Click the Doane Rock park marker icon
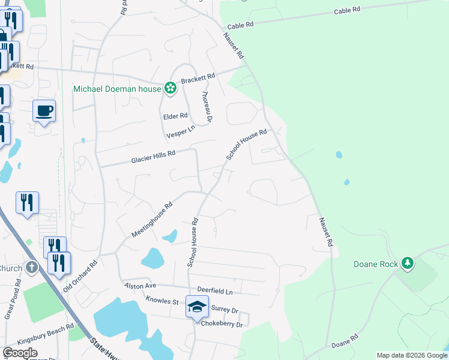[408, 263]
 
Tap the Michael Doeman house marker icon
[170, 89]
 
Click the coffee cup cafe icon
[44, 111]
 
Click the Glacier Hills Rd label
[153, 157]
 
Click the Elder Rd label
[175, 116]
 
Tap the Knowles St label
[162, 300]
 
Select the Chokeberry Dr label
[222, 325]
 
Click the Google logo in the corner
[20, 353]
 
